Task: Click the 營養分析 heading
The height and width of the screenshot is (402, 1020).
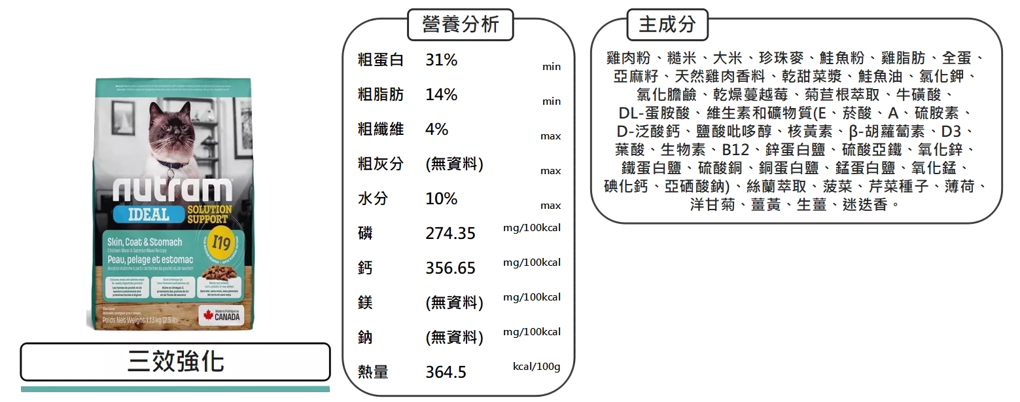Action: coord(460,25)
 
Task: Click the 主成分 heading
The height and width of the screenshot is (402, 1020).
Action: coord(667,25)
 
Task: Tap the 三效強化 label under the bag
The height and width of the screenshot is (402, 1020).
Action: coord(175,361)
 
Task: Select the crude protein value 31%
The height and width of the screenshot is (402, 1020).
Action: coord(442,60)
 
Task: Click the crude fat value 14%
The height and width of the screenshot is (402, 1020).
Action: coord(442,95)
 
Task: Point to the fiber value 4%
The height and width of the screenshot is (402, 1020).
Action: coord(437,129)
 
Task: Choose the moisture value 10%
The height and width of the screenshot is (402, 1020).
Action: coord(442,198)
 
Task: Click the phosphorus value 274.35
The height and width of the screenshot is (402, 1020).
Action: coord(450,233)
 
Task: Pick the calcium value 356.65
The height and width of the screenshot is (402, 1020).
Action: coord(450,268)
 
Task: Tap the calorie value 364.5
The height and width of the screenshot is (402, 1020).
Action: coord(446,373)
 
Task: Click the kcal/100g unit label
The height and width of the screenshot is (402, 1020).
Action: coord(536,366)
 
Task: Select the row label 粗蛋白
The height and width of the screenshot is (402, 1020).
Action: coord(380,60)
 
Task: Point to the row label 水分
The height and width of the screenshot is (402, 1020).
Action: coord(372,198)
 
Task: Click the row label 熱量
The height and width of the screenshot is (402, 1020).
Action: coord(372,373)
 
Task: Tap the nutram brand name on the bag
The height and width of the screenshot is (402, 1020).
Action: coord(172,190)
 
